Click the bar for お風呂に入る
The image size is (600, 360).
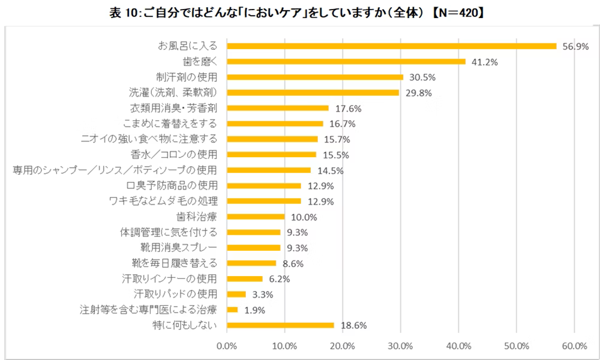(391, 46)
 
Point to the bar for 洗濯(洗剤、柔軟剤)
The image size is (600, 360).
(313, 92)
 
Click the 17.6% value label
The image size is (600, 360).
(346, 108)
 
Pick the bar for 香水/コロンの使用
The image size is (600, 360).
(271, 155)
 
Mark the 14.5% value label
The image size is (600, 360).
(328, 170)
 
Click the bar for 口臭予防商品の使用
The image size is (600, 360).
(264, 185)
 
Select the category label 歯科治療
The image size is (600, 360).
(200, 217)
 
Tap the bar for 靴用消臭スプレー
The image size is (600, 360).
(254, 248)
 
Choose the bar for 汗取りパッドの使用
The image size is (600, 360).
(236, 294)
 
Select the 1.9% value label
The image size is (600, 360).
(254, 310)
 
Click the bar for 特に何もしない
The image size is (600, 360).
(280, 325)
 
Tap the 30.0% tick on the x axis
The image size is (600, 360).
(400, 346)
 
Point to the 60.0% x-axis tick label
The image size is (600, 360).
(574, 346)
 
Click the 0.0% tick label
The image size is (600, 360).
(227, 346)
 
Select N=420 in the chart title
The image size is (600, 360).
(455, 11)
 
